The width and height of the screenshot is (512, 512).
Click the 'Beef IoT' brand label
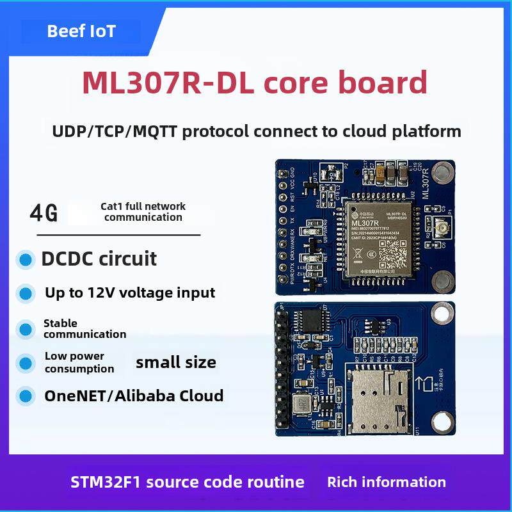[x=81, y=31]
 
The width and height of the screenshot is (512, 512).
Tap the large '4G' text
[x=44, y=213]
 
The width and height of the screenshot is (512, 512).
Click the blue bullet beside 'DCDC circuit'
[x=26, y=260]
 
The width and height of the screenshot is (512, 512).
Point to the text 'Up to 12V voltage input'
[x=130, y=293]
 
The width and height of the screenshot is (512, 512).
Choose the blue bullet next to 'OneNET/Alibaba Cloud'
[x=26, y=396]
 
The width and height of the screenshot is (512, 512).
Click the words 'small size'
[x=176, y=363]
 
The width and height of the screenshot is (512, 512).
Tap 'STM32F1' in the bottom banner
[x=106, y=482]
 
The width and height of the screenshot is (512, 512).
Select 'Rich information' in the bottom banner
[x=387, y=482]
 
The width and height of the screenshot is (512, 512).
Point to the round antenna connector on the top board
[x=442, y=228]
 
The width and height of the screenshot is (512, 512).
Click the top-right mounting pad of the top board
[x=441, y=172]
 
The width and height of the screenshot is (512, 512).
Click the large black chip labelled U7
[x=314, y=321]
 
